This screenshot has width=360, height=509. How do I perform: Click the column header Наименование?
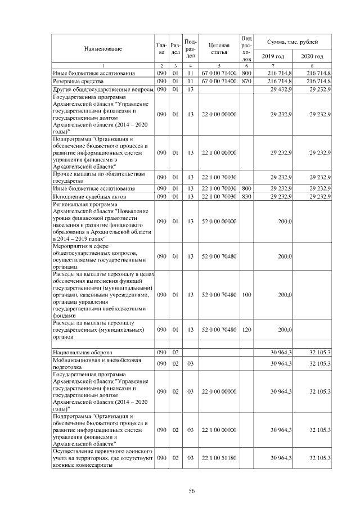coord(100,49)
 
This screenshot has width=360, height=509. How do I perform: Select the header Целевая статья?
coord(218,49)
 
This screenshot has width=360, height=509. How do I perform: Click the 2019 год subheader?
coord(273,57)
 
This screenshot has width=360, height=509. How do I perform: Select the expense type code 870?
coord(246,81)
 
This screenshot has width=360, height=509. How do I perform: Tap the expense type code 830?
coord(246,196)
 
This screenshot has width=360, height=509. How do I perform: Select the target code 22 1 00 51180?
coord(218,458)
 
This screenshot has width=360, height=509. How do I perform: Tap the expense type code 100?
coord(246,294)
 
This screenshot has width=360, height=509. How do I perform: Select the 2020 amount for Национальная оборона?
coord(319,352)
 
